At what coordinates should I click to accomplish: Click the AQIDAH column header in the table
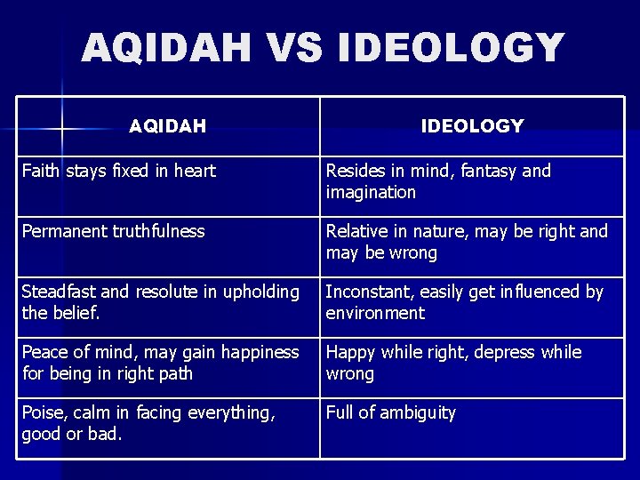pyautogui.click(x=167, y=126)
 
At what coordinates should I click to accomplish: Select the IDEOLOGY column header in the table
pyautogui.click(x=472, y=126)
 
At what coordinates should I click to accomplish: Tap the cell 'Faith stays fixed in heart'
pyautogui.click(x=118, y=171)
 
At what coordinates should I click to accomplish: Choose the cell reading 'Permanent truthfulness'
pyautogui.click(x=113, y=231)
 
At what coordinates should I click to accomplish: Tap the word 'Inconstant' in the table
pyautogui.click(x=368, y=292)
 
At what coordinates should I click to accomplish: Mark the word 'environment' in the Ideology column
pyautogui.click(x=375, y=313)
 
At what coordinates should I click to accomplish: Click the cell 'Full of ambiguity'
pyautogui.click(x=390, y=412)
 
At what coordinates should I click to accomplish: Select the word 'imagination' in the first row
pyautogui.click(x=371, y=192)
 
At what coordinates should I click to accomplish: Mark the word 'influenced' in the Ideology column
pyautogui.click(x=531, y=292)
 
